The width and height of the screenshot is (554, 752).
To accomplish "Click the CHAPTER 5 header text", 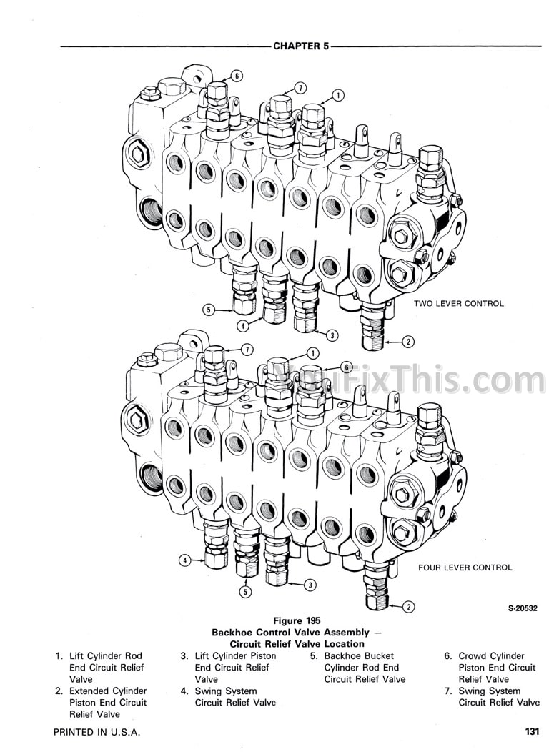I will pyautogui.click(x=300, y=46).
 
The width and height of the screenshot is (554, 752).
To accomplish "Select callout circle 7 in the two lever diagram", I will pyautogui.click(x=300, y=87).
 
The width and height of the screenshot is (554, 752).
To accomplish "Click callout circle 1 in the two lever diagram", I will pyautogui.click(x=338, y=94).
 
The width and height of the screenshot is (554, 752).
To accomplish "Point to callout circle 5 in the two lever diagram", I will pyautogui.click(x=209, y=310).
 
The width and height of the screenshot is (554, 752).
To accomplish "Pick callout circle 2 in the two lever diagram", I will pyautogui.click(x=408, y=341).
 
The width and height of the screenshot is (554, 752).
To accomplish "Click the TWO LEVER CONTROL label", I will pyautogui.click(x=458, y=303).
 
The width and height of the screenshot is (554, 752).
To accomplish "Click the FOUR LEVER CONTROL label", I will pyautogui.click(x=465, y=568).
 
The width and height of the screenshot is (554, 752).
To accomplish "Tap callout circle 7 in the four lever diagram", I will pyautogui.click(x=247, y=349).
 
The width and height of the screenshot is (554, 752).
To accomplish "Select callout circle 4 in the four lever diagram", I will pyautogui.click(x=184, y=560).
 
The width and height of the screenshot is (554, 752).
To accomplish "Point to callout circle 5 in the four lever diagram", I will pyautogui.click(x=246, y=591).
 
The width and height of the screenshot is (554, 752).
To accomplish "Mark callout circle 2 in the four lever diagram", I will pyautogui.click(x=408, y=608).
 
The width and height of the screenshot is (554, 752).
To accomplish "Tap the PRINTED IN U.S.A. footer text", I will pyautogui.click(x=97, y=733).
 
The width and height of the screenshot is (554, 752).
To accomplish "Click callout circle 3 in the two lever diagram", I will pyautogui.click(x=331, y=334).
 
